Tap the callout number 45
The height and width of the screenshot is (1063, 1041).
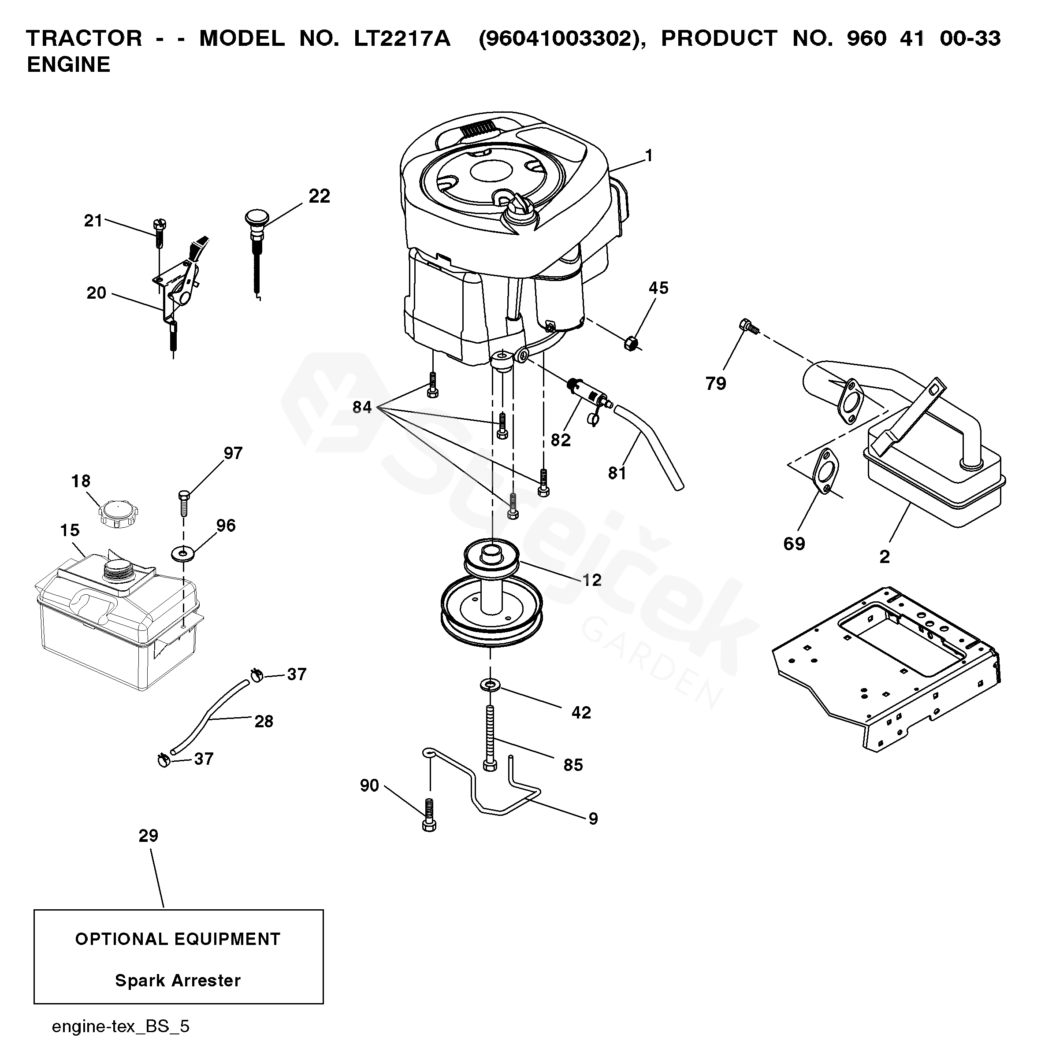point(658,288)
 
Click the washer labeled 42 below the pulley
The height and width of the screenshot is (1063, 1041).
point(490,684)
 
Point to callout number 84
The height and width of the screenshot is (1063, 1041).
point(362,407)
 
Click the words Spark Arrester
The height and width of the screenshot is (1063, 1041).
point(178,981)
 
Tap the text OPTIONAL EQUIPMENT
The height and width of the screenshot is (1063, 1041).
point(178,939)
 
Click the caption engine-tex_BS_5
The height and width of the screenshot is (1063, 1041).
point(120,1026)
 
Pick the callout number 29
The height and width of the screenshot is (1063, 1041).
point(148,835)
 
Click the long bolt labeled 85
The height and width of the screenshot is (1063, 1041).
point(491,738)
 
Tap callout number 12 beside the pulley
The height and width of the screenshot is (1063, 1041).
point(591,579)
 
